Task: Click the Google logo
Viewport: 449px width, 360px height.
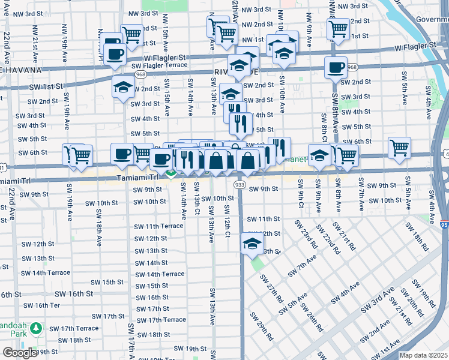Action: point(19,353)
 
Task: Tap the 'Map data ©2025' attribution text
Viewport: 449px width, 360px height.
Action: point(424,355)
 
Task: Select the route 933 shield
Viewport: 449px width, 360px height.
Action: point(239,185)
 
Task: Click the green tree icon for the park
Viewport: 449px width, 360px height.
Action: point(36,328)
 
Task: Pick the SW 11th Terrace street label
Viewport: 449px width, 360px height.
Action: point(158,226)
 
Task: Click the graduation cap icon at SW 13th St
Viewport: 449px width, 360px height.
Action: point(252,244)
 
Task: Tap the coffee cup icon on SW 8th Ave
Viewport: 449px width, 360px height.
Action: point(336,67)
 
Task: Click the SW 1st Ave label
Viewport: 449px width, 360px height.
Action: point(403,347)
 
